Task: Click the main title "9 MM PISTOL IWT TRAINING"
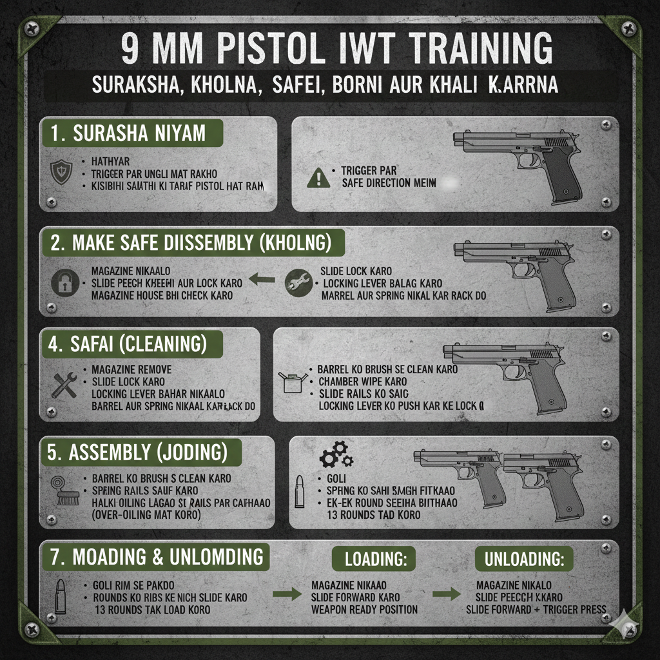click(x=337, y=51)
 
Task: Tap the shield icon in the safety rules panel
click(x=61, y=173)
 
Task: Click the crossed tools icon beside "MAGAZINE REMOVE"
click(x=63, y=385)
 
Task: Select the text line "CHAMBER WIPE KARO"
click(x=363, y=382)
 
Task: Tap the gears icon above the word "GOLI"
click(x=336, y=454)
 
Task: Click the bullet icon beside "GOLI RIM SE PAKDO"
click(x=60, y=595)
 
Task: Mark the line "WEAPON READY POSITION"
click(x=364, y=610)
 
